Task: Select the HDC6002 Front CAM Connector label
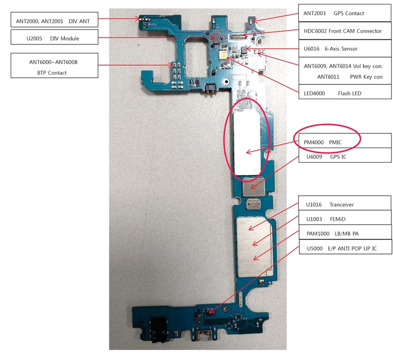(x=342, y=31)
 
